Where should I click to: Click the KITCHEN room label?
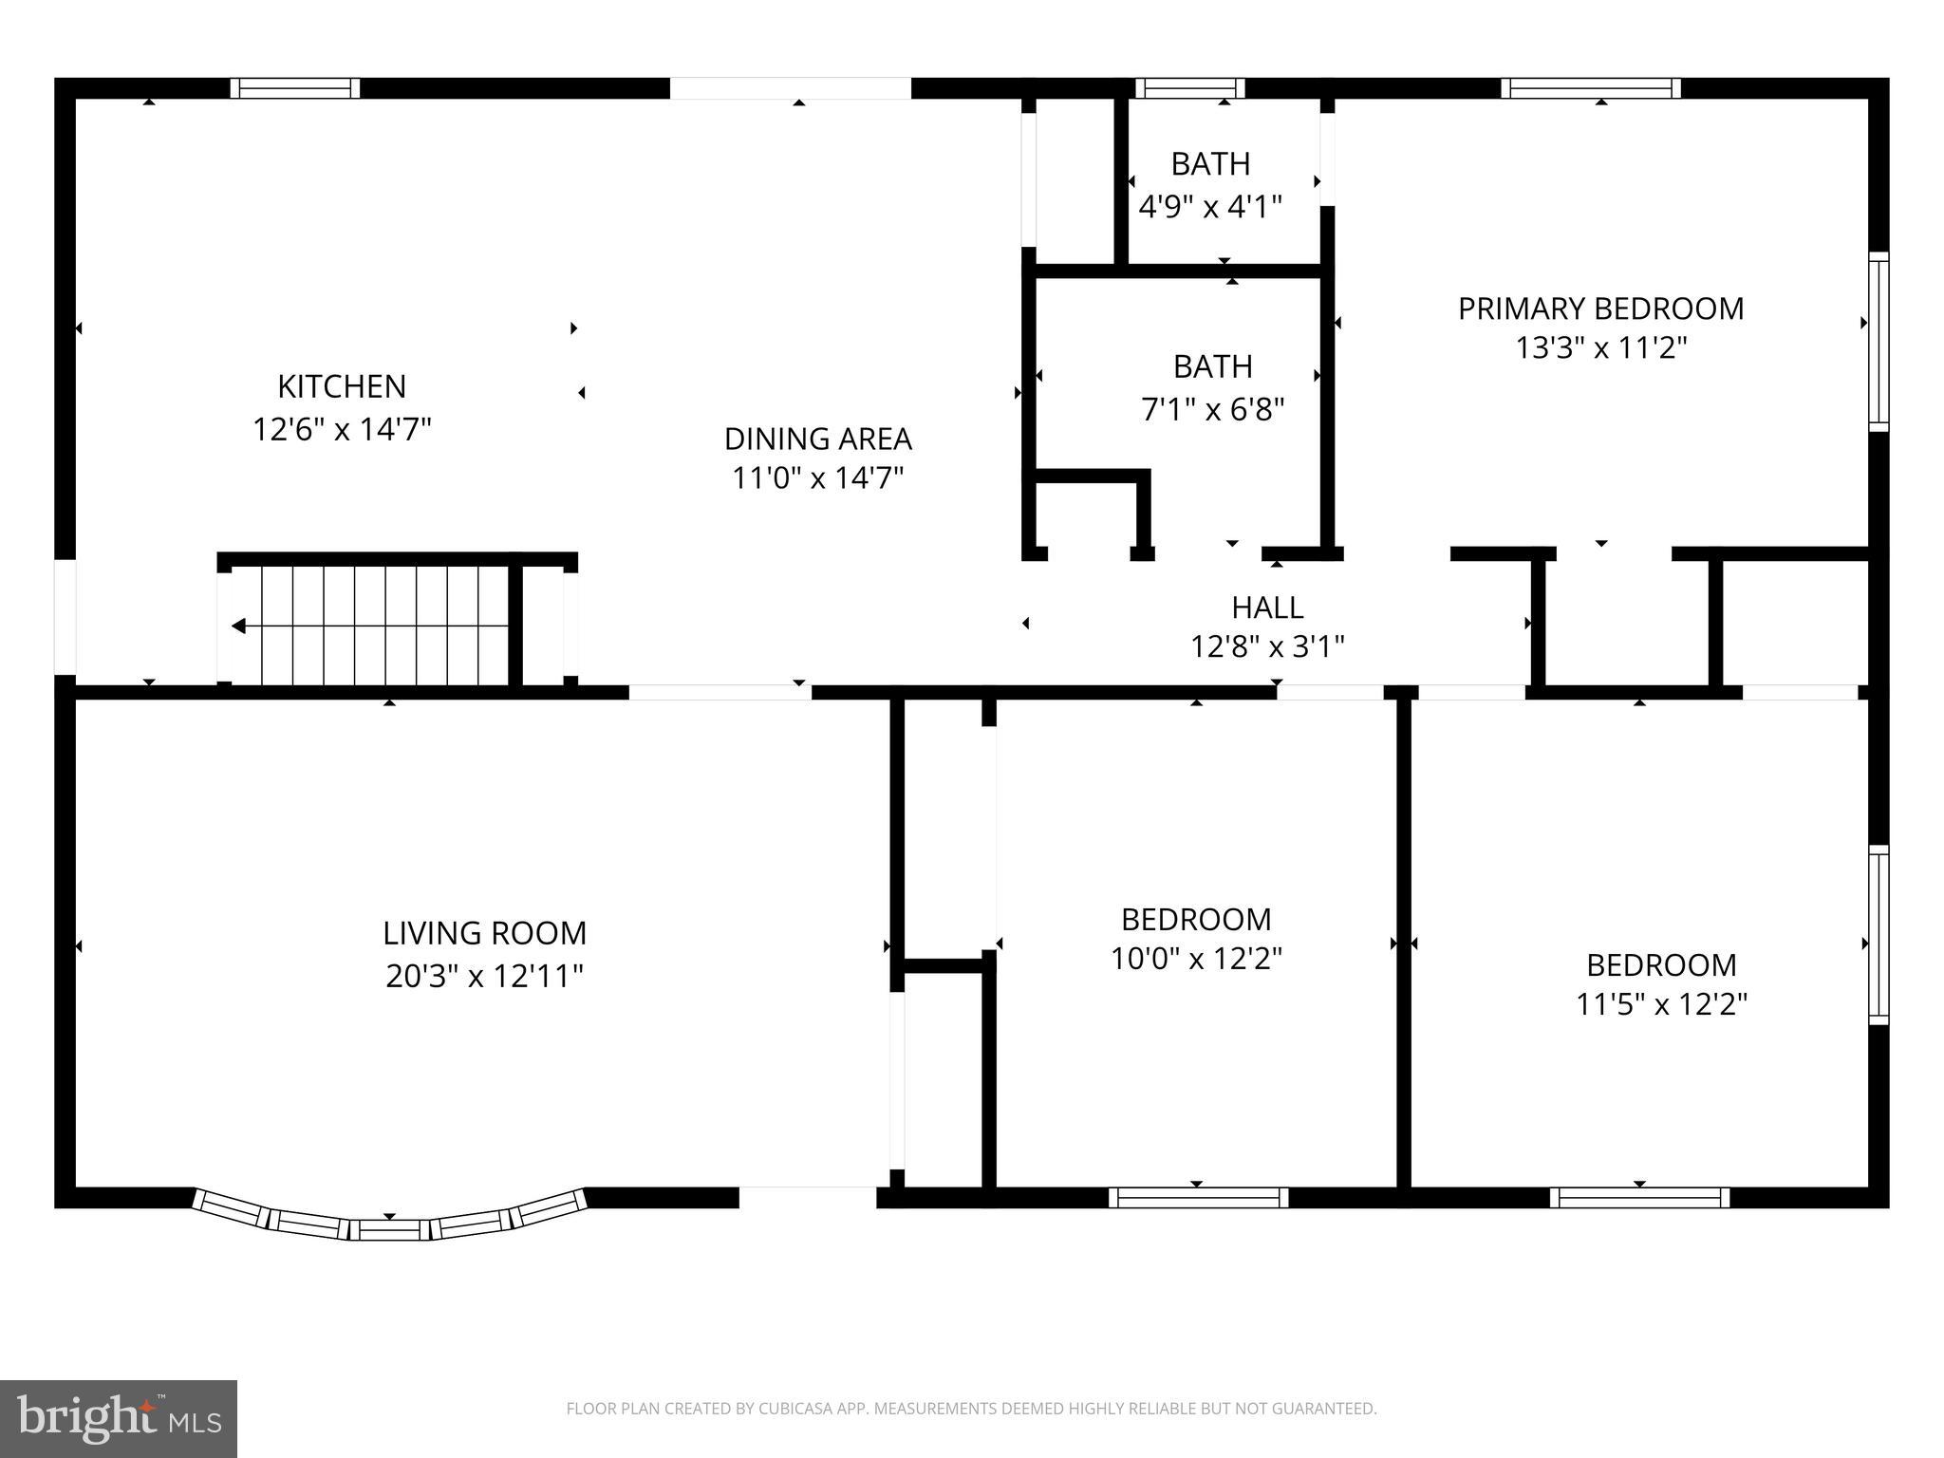[x=342, y=386]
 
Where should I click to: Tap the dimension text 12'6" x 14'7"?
[x=342, y=430]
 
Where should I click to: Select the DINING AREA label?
[x=817, y=439]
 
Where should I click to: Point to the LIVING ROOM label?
[x=484, y=933]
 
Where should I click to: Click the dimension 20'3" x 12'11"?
[x=484, y=976]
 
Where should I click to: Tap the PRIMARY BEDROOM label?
[x=1600, y=308]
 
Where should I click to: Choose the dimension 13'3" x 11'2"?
[x=1600, y=348]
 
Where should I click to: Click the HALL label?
[x=1267, y=607]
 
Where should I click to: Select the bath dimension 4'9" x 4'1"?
[x=1210, y=207]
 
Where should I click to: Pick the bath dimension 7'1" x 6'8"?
[x=1212, y=409]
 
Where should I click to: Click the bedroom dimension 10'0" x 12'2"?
[x=1196, y=959]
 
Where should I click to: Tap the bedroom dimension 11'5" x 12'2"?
[x=1661, y=1004]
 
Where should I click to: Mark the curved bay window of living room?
[x=389, y=1225]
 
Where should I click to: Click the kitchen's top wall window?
[x=295, y=88]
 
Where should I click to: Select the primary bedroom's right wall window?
[x=1878, y=342]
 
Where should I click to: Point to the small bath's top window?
[x=1190, y=88]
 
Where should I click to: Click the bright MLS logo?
[x=118, y=1419]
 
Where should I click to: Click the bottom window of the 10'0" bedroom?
[x=1198, y=1198]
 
